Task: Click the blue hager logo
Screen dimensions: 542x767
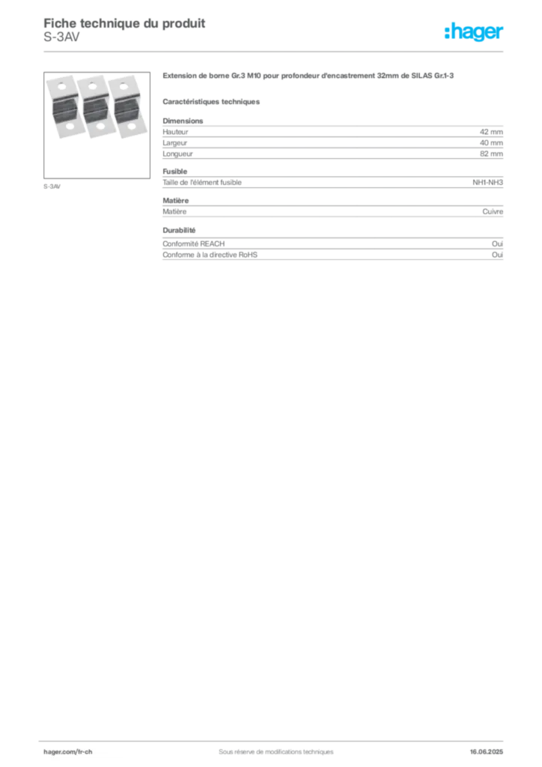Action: click(475, 32)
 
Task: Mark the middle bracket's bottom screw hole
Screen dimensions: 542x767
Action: click(100, 127)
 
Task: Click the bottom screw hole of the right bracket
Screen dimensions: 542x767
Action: click(130, 127)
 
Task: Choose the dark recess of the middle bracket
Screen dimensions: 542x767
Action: click(94, 109)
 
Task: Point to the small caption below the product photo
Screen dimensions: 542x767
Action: click(53, 185)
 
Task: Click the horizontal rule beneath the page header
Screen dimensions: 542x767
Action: click(275, 51)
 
